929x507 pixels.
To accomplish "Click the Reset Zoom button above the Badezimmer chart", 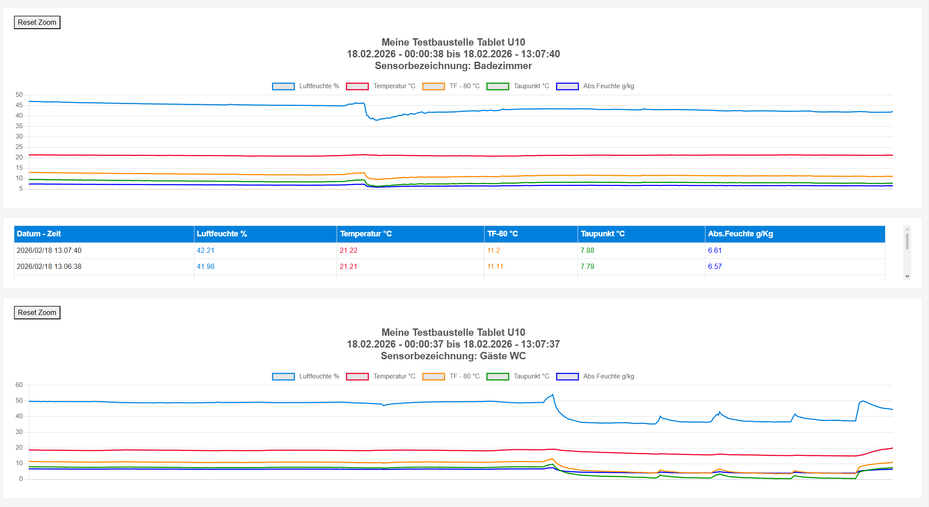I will [x=37, y=22].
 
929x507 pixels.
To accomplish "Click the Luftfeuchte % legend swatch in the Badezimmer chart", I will [x=283, y=86].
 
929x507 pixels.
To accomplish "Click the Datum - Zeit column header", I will [x=39, y=234].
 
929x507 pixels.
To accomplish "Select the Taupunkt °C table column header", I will [x=602, y=234].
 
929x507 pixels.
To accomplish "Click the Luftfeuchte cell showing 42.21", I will [x=205, y=250].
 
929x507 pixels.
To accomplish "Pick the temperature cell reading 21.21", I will [x=348, y=266].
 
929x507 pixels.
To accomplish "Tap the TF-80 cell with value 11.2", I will [x=493, y=250].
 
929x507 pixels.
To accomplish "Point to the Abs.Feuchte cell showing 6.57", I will [x=715, y=266].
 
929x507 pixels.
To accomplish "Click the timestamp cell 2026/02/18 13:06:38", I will [x=49, y=266].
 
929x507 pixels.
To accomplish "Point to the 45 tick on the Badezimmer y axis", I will [x=19, y=105].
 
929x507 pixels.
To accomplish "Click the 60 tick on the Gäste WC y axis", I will [x=19, y=385].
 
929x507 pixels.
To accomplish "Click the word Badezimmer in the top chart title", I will [x=503, y=66].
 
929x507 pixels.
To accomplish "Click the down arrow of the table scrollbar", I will [x=907, y=276].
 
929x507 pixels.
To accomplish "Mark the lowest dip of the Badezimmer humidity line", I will [x=377, y=119].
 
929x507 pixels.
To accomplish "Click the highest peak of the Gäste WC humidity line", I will [x=553, y=394].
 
